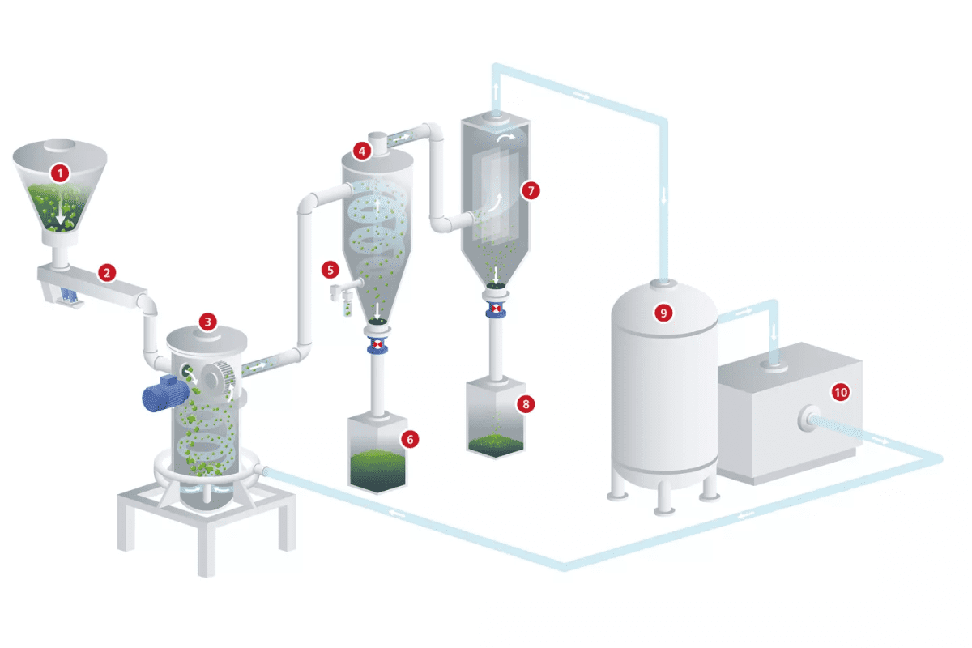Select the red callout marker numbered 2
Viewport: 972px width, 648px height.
tap(106, 272)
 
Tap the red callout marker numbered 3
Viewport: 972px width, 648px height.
tap(208, 322)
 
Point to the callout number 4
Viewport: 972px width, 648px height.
tap(360, 150)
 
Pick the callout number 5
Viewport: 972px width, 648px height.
tap(329, 267)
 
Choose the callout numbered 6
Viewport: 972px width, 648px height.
tap(410, 438)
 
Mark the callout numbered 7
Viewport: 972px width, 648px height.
tap(531, 190)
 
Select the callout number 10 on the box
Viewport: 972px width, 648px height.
tap(841, 392)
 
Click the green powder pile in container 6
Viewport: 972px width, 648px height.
tap(377, 468)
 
